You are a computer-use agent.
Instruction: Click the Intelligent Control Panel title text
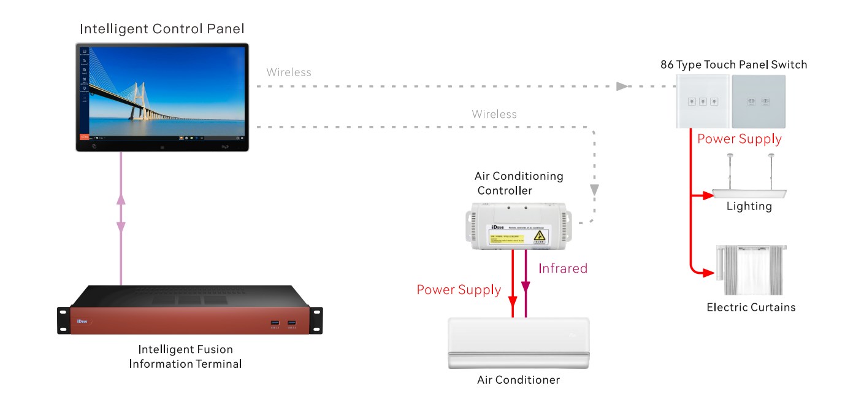click(162, 28)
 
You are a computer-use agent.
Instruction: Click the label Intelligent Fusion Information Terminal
click(185, 357)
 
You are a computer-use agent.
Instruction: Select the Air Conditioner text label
click(518, 380)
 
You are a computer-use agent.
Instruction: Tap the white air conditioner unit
click(518, 343)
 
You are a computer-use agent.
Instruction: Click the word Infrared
click(563, 268)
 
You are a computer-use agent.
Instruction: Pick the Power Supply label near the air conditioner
click(459, 290)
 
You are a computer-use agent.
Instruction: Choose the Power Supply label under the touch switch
click(740, 139)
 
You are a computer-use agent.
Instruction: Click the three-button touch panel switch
click(703, 101)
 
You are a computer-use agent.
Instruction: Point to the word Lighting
click(749, 206)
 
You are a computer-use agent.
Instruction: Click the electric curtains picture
click(751, 270)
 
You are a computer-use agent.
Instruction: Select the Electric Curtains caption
click(751, 307)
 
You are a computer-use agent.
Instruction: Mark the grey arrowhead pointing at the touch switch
click(622, 87)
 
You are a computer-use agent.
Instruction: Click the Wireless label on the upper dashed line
click(289, 72)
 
